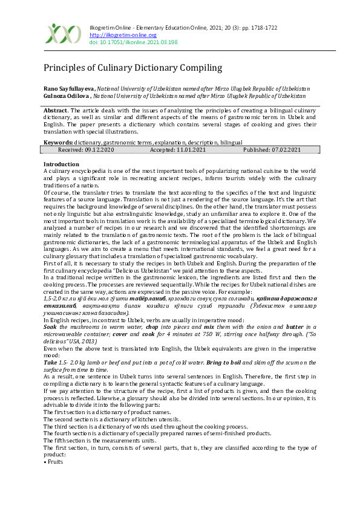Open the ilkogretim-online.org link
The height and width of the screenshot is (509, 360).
tap(114, 35)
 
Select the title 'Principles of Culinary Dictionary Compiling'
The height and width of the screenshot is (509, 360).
tap(133, 68)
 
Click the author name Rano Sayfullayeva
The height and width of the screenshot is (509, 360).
tap(69, 89)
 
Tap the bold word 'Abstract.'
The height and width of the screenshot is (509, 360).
tap(56, 111)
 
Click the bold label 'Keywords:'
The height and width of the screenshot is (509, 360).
tap(58, 142)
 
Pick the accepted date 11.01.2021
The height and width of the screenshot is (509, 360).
tap(180, 149)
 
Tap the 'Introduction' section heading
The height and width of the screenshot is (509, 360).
tap(61, 164)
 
